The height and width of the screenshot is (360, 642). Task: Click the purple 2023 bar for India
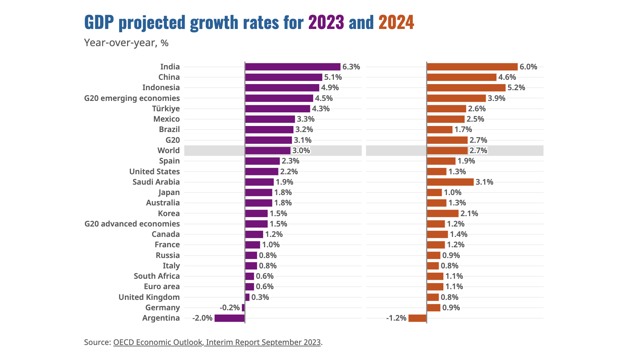292,67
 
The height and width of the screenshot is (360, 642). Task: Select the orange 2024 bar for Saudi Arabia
450,182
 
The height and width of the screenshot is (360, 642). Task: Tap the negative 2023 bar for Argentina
229,318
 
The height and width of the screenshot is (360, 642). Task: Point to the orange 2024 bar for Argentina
417,318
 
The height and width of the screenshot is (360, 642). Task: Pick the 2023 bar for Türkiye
277,109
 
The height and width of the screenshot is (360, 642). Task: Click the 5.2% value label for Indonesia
516,88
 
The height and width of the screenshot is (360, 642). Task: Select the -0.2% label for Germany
229,308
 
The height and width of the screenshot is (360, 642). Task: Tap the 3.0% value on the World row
301,151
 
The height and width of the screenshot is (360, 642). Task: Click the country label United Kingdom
149,297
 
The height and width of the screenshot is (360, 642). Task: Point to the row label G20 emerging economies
132,98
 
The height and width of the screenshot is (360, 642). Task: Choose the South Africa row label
156,276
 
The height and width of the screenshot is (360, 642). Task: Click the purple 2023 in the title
326,23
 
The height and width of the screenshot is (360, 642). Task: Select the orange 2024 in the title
396,23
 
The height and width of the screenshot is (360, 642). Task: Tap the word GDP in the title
99,23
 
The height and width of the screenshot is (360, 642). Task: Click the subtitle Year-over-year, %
126,43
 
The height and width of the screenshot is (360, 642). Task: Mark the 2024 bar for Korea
443,214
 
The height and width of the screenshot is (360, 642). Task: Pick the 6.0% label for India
528,67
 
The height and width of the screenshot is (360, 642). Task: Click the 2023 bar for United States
262,172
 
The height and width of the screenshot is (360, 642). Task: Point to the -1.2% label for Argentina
396,318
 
